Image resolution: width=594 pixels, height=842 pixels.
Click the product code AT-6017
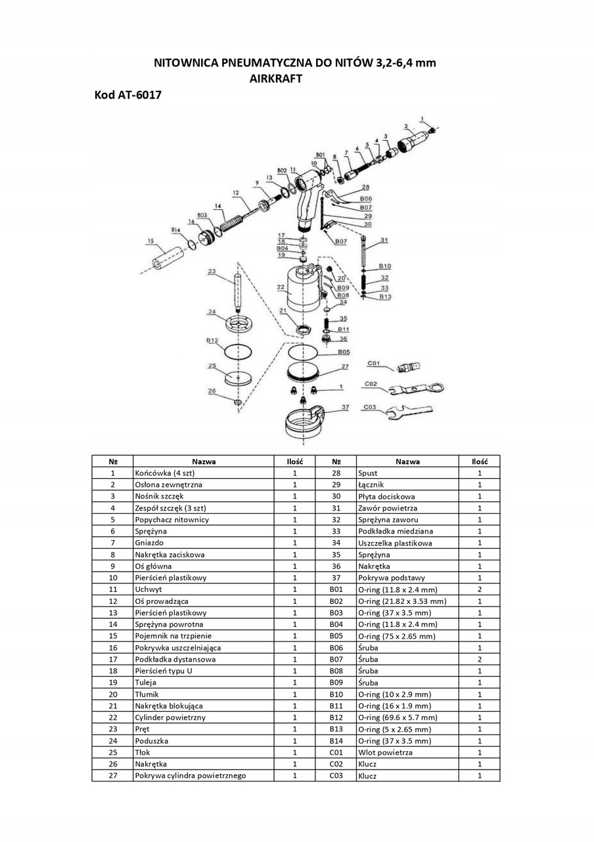(139, 95)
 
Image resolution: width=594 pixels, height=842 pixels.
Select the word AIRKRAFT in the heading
(275, 78)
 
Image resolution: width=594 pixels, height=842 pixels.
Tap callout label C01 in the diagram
(374, 363)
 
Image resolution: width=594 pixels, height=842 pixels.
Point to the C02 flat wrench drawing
(417, 389)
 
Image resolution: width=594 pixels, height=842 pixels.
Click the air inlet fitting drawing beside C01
(409, 367)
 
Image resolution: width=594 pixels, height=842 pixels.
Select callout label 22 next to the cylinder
(281, 287)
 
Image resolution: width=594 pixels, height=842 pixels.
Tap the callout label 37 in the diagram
(346, 407)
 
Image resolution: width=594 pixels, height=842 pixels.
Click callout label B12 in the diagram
(212, 341)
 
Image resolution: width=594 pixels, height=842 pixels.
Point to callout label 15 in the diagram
(150, 241)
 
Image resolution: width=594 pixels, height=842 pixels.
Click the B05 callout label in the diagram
(344, 352)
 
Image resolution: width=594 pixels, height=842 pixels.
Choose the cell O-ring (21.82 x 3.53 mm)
(407, 601)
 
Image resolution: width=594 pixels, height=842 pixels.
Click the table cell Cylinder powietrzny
(204, 717)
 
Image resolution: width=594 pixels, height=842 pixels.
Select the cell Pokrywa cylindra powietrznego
(204, 775)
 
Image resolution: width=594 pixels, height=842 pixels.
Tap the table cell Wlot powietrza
(407, 752)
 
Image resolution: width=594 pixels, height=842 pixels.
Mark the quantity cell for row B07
(480, 659)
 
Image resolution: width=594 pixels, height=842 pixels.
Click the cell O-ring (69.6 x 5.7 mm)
(407, 717)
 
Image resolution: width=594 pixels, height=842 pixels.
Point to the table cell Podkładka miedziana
(407, 531)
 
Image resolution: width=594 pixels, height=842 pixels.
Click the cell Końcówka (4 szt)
(204, 473)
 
